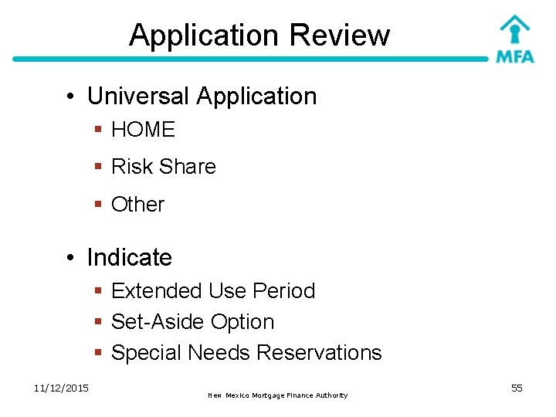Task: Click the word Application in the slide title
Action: coord(204,36)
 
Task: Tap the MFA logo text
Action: coord(514,56)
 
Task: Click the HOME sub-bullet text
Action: coord(143,130)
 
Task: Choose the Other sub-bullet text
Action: coord(137,205)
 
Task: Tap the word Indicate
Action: coord(129,257)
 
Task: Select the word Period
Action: coord(283,291)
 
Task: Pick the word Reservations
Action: coord(319,353)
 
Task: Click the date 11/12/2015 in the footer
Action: coord(61,388)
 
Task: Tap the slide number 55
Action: coord(517,388)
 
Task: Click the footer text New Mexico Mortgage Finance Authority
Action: coord(278,395)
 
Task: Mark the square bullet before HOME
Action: coord(98,130)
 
